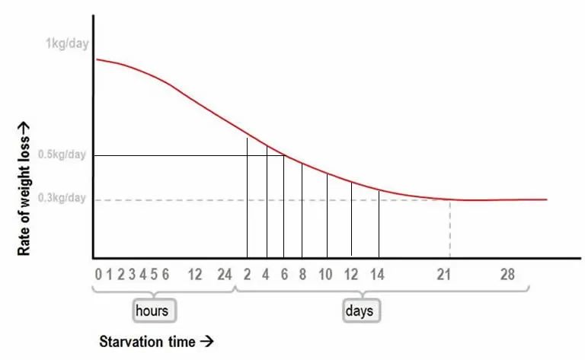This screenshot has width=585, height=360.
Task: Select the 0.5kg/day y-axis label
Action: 65,155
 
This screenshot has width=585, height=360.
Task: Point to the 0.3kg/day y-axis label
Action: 65,199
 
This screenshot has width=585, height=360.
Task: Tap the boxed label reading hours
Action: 152,311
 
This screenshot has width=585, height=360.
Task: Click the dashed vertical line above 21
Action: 449,228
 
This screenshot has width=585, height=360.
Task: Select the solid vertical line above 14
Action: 379,225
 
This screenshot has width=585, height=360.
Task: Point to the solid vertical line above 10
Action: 327,217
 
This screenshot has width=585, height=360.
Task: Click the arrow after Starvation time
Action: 203,341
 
